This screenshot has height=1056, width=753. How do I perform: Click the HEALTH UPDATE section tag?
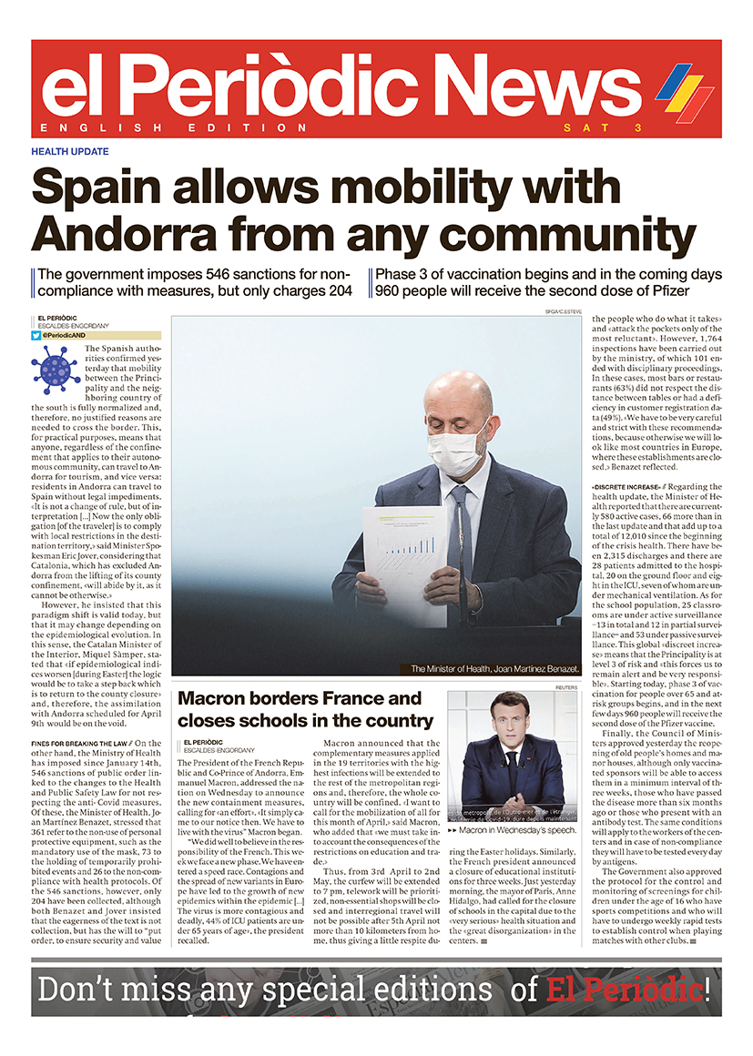point(70,152)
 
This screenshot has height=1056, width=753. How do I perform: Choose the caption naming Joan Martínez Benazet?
point(494,669)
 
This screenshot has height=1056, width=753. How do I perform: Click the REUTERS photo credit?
point(566,687)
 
